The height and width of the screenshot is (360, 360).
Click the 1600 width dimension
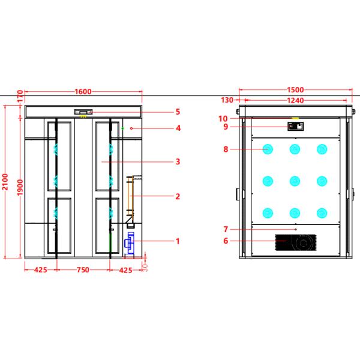tap(83, 91)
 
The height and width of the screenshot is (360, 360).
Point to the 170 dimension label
tap(20, 96)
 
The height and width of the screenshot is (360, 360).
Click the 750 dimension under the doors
tap(83, 270)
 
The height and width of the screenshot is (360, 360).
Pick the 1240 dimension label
tap(294, 101)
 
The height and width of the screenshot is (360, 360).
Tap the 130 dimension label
tap(227, 101)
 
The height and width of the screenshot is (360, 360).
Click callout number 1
tap(178, 241)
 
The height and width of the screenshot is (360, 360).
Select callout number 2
tap(178, 196)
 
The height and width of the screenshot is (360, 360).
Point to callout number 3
tap(178, 161)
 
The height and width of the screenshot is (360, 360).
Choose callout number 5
tap(178, 112)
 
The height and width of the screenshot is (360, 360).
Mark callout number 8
tap(226, 149)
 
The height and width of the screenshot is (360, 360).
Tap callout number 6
tap(226, 241)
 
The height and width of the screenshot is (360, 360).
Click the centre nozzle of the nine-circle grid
tap(295, 180)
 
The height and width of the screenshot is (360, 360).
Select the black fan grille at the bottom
tap(294, 242)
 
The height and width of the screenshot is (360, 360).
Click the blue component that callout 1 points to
tap(128, 242)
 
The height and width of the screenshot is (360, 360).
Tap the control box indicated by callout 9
tap(295, 126)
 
